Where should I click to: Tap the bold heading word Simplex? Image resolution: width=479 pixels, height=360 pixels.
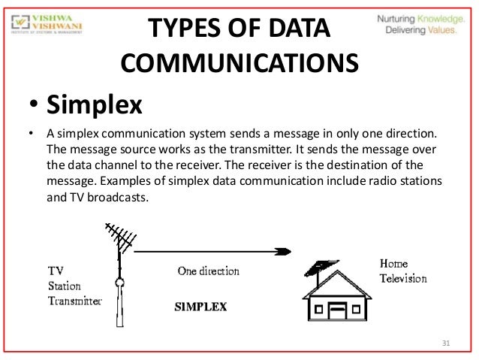point(95,104)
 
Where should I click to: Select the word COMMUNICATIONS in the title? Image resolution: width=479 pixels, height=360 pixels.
point(238,63)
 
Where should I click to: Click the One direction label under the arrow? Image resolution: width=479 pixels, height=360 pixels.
point(208,271)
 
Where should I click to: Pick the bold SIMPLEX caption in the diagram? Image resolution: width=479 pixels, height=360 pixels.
point(200,307)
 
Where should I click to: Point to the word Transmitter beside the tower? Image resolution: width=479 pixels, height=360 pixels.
point(74,301)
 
